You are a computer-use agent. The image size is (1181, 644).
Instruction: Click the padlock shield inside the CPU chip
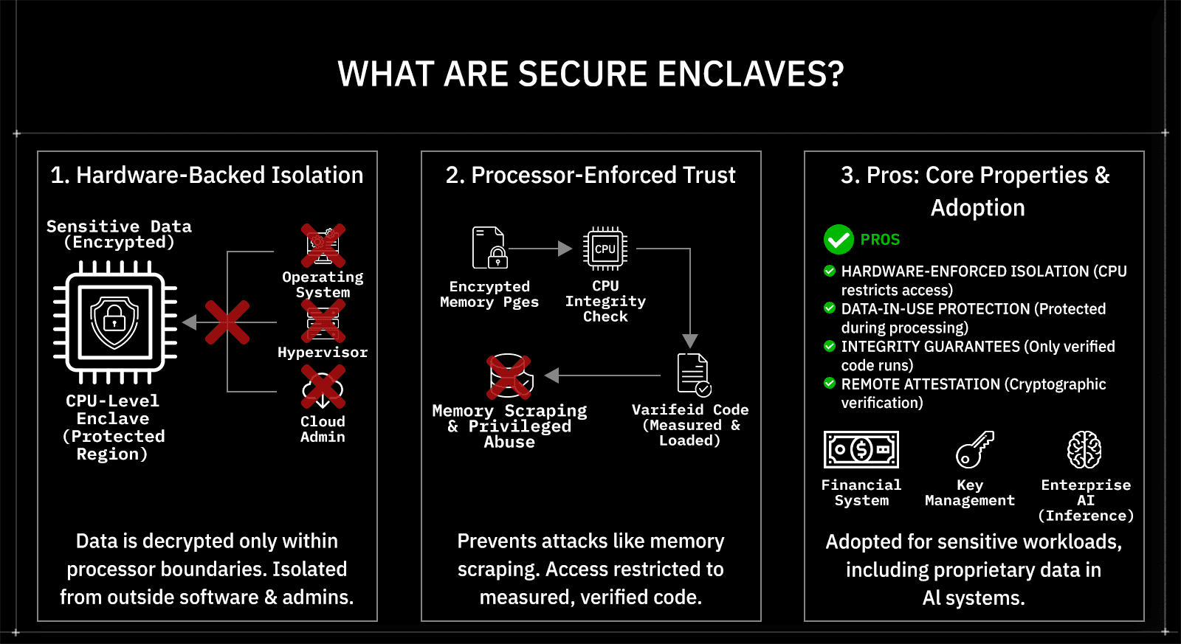point(114,322)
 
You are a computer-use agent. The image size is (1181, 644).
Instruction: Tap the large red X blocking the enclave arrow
point(227,322)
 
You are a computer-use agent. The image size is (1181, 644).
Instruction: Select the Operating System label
point(323,285)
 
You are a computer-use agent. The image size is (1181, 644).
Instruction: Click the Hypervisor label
point(323,353)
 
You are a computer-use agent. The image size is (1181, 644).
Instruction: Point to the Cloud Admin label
point(323,429)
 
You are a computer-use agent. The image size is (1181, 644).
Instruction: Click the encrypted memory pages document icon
point(489,248)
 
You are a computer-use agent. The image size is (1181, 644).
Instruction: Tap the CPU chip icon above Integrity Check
point(605,249)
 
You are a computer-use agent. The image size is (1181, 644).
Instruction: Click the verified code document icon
point(693,375)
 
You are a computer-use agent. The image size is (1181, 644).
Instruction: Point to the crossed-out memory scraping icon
point(509,376)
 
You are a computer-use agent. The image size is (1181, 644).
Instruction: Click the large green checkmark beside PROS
point(839,239)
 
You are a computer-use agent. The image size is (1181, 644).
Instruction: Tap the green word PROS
point(880,240)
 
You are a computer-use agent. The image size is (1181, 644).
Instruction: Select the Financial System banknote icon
point(861,449)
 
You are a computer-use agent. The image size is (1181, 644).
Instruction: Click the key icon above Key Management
point(974,449)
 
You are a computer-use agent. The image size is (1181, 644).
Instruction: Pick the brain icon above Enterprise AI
point(1084,449)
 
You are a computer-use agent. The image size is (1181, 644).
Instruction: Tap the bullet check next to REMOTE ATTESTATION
point(830,384)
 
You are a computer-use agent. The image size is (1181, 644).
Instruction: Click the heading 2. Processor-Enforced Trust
point(590,175)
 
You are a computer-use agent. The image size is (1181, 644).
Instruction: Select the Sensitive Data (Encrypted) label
point(119,234)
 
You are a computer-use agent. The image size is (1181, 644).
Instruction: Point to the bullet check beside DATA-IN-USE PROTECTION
point(830,308)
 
